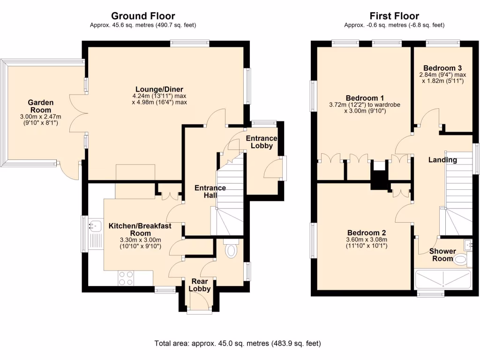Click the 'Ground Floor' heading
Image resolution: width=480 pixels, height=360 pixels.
[143, 16]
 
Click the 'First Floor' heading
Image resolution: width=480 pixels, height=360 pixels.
[394, 16]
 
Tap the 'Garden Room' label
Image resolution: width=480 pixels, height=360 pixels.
[40, 106]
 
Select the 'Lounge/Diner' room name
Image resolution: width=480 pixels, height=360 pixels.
[159, 90]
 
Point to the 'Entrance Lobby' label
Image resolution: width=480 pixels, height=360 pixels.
[262, 142]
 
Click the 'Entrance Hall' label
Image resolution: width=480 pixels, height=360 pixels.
[210, 191]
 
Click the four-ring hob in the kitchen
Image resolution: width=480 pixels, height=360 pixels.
[126, 278]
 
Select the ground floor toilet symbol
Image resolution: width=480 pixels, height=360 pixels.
[231, 250]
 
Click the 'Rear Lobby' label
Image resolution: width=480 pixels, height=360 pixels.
[199, 285]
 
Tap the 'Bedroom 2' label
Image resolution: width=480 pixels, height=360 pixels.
[367, 232]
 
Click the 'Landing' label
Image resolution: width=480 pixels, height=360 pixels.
[442, 160]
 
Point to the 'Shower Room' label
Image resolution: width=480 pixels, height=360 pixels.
[442, 255]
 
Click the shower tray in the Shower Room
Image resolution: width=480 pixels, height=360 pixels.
[443, 280]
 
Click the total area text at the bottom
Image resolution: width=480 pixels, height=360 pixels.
[238, 344]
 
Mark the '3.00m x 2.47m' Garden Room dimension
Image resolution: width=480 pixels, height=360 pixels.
[40, 117]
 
